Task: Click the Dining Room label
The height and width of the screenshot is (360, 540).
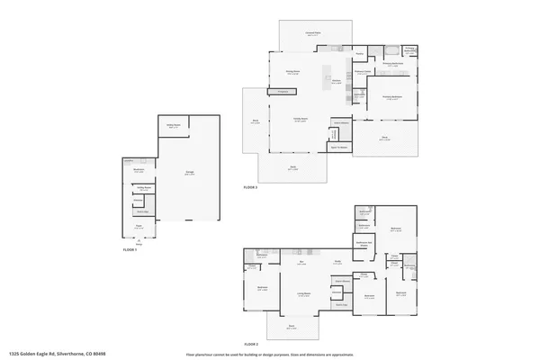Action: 292,72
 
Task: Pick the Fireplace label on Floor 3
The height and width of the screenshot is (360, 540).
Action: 283,92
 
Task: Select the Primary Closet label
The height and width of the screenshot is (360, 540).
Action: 363,71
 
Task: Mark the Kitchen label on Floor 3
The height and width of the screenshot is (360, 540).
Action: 335,81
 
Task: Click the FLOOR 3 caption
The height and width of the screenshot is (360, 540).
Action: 250,187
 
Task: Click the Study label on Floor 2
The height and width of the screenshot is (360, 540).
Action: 337,262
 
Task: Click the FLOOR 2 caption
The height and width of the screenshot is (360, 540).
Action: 250,345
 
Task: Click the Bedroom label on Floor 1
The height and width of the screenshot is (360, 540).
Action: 139,170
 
